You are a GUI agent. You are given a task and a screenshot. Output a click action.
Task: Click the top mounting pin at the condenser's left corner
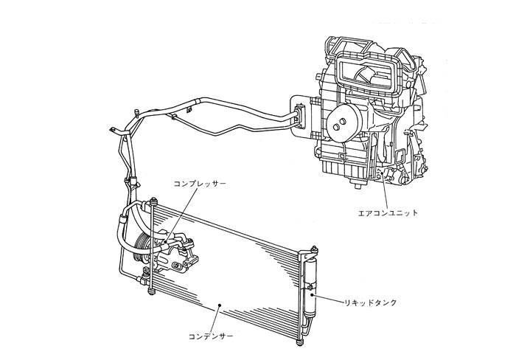[154, 201]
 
